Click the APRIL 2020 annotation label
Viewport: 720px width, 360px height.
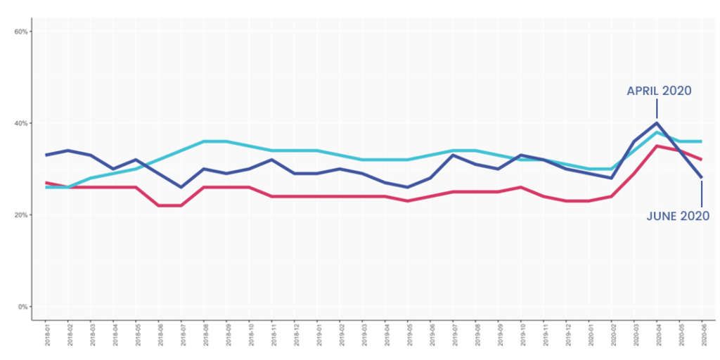(x=659, y=91)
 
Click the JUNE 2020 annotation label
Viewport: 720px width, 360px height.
(x=678, y=217)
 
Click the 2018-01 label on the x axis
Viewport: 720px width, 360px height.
(x=46, y=336)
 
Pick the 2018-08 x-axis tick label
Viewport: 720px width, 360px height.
(x=204, y=336)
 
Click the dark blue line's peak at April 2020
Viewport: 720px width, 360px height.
(x=656, y=123)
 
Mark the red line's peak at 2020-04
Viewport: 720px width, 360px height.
(x=656, y=146)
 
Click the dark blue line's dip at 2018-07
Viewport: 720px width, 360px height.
(x=181, y=187)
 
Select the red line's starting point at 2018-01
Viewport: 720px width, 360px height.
(x=46, y=183)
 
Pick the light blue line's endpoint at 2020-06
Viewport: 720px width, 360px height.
(x=701, y=141)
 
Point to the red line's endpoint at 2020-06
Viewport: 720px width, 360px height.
(x=701, y=160)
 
